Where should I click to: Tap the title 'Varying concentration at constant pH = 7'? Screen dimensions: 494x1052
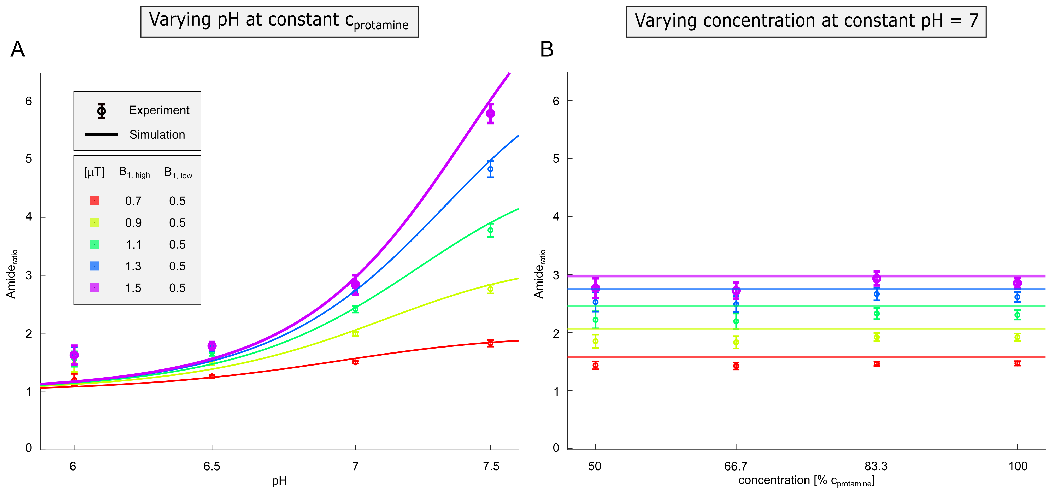pyautogui.click(x=806, y=21)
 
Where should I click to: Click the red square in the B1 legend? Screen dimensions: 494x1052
pyautogui.click(x=94, y=201)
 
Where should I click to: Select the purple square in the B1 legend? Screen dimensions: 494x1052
pyautogui.click(x=94, y=288)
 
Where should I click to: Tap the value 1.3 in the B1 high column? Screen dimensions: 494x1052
pyautogui.click(x=133, y=266)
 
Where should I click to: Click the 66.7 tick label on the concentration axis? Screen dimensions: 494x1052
pyautogui.click(x=736, y=466)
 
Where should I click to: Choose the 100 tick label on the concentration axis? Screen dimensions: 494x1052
pyautogui.click(x=1017, y=466)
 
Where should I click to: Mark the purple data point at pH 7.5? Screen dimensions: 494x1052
pyautogui.click(x=490, y=114)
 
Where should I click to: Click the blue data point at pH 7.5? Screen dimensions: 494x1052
pyautogui.click(x=490, y=169)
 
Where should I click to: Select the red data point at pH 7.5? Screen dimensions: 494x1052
pyautogui.click(x=490, y=343)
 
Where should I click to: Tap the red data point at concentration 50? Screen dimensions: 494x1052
pyautogui.click(x=595, y=365)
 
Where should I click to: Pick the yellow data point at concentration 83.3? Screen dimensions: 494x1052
pyautogui.click(x=876, y=337)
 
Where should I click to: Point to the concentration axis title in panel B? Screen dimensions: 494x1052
pyautogui.click(x=806, y=480)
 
